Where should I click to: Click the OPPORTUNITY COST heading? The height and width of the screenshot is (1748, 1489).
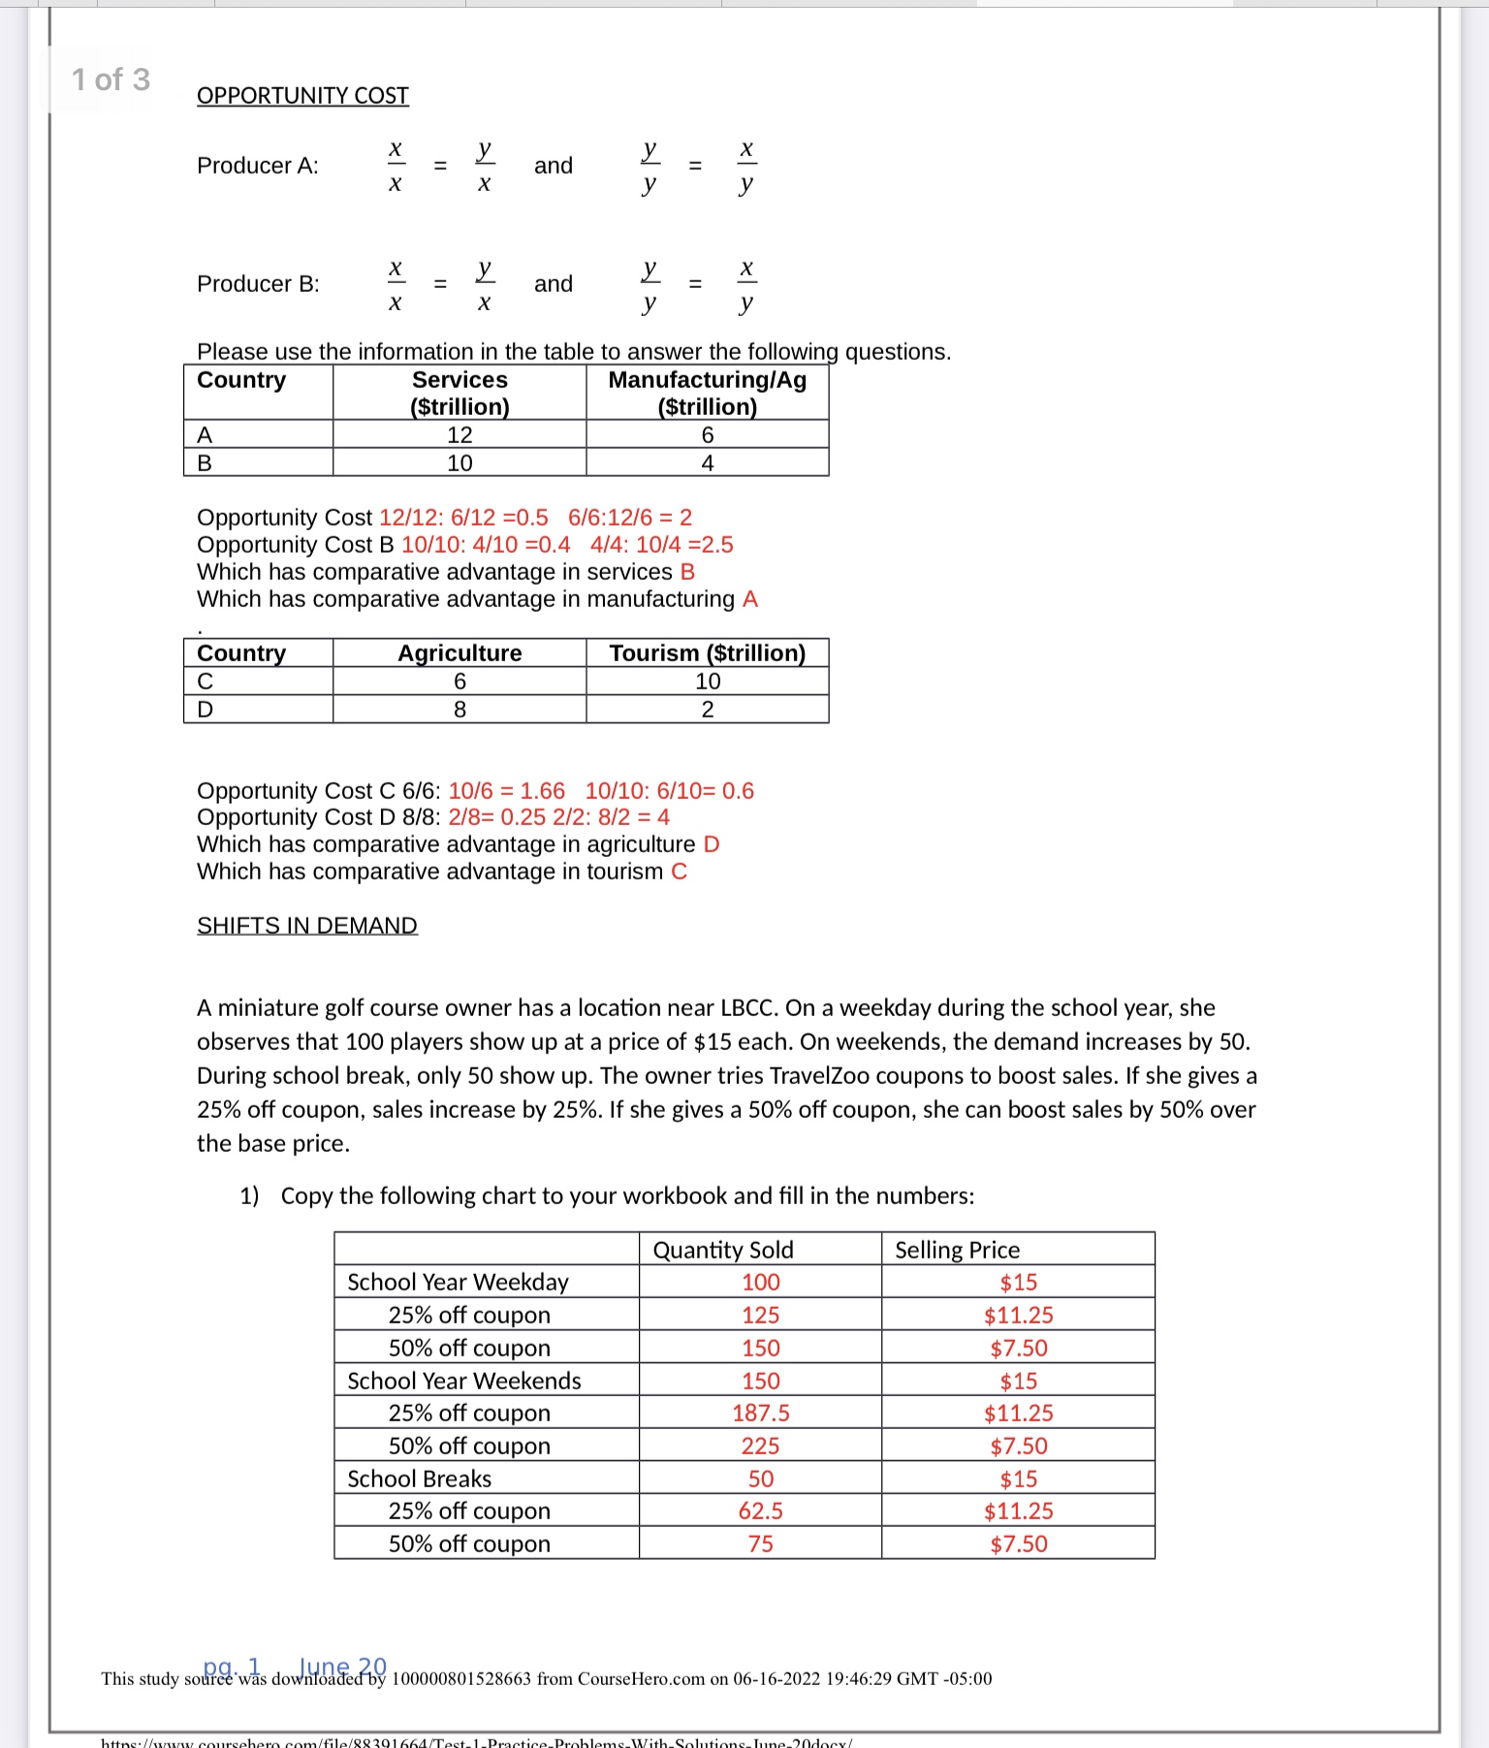pyautogui.click(x=302, y=96)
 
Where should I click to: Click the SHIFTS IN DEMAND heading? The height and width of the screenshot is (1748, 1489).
pyautogui.click(x=306, y=926)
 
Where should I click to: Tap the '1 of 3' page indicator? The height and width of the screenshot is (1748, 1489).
pyautogui.click(x=111, y=79)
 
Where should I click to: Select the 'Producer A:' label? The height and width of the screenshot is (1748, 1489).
pyautogui.click(x=257, y=166)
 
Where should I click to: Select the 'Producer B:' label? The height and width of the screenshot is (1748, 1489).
pyautogui.click(x=258, y=284)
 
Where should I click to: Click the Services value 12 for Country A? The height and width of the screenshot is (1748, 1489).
pyautogui.click(x=459, y=435)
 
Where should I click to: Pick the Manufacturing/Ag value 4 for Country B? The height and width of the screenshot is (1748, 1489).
pyautogui.click(x=708, y=463)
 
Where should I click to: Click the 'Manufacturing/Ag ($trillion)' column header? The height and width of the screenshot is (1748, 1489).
pyautogui.click(x=707, y=393)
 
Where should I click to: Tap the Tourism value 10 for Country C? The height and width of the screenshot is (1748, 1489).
pyautogui.click(x=708, y=682)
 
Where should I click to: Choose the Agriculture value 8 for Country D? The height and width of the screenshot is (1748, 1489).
pyautogui.click(x=459, y=710)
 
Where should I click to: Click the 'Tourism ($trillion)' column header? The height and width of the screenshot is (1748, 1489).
pyautogui.click(x=707, y=653)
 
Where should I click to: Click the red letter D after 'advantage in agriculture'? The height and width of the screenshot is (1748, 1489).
pyautogui.click(x=712, y=844)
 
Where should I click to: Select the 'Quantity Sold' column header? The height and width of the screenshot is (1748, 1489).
pyautogui.click(x=723, y=1250)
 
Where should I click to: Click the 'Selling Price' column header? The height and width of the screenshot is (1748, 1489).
pyautogui.click(x=957, y=1250)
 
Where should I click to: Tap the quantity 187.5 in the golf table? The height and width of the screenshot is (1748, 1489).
pyautogui.click(x=761, y=1414)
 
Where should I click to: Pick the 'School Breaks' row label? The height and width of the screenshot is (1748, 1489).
pyautogui.click(x=420, y=1478)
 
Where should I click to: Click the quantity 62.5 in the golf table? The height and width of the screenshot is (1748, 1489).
pyautogui.click(x=761, y=1511)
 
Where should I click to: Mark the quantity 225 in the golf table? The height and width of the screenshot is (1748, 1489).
pyautogui.click(x=761, y=1446)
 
